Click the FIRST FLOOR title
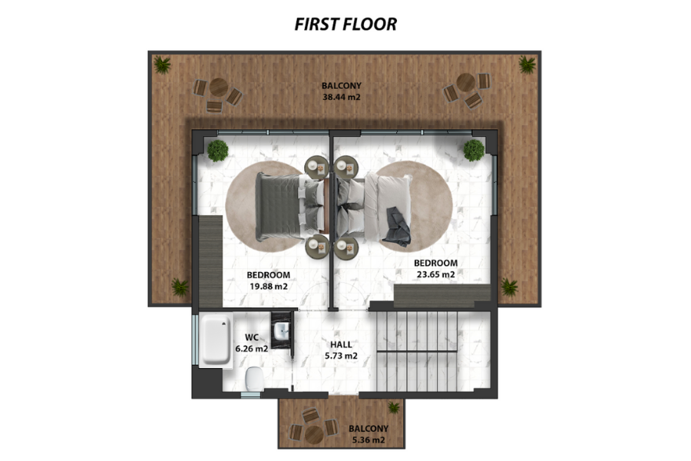click(345, 25)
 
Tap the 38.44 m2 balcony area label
click(342, 97)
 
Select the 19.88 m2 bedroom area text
click(269, 287)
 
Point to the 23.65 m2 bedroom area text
click(435, 274)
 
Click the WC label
click(252, 337)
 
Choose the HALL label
click(341, 344)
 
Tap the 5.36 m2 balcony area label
click(369, 439)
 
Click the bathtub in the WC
click(216, 340)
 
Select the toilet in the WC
click(255, 379)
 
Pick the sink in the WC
click(281, 330)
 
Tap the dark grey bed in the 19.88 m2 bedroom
click(289, 207)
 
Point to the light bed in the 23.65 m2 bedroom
click(374, 207)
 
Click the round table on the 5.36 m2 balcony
click(314, 435)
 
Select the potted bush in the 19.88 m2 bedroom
click(218, 151)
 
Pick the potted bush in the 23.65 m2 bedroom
click(474, 151)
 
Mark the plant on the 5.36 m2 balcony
click(394, 407)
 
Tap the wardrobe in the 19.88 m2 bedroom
click(210, 261)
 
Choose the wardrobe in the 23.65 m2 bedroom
click(442, 296)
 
